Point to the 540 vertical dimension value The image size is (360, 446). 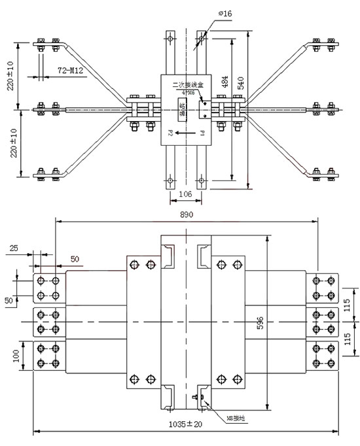point(242,82)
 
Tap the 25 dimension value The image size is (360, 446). point(14,249)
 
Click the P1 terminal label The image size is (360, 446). point(205,133)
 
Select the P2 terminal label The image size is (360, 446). point(168,133)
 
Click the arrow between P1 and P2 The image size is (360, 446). point(187,133)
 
